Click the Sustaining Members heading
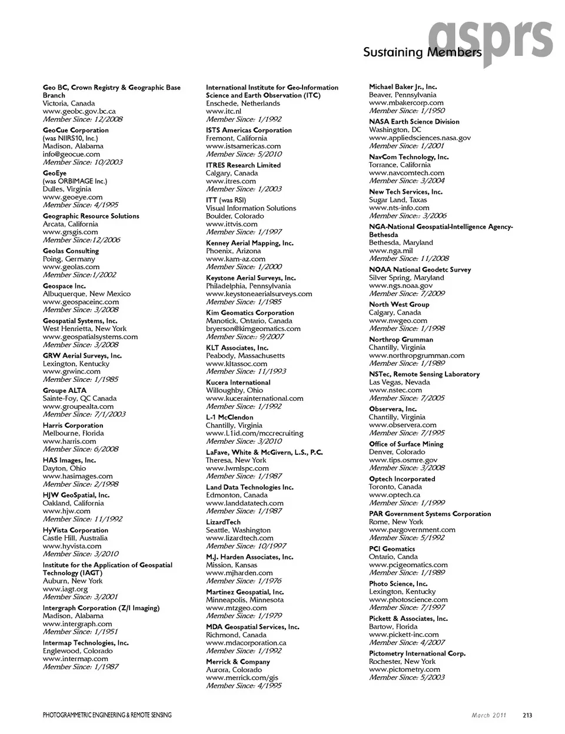tap(422, 52)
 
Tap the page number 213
tap(527, 715)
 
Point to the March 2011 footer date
tap(488, 715)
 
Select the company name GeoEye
tap(55, 173)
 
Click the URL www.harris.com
tap(69, 441)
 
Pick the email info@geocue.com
tap(71, 154)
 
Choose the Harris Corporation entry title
tap(73, 425)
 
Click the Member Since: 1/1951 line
tap(80, 631)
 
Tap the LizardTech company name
tap(223, 522)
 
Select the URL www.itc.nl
tap(224, 111)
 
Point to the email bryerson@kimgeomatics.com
tap(253, 329)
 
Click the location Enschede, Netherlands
tap(242, 103)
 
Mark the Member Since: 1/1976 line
tap(244, 581)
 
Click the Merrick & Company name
tap(238, 662)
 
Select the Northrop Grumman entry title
tap(401, 339)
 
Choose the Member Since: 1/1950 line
tap(407, 111)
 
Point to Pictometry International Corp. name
tap(417, 653)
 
